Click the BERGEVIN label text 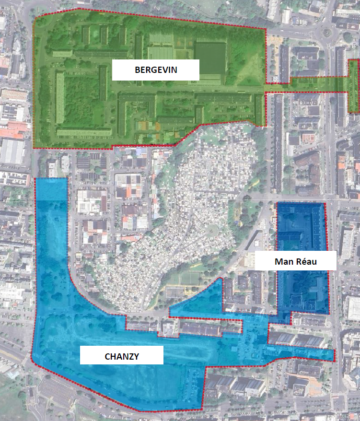pos(156,70)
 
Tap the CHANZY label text pos(121,356)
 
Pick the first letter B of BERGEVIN pos(137,70)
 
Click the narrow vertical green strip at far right pos(353,86)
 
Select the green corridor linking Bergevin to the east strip pos(307,84)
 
